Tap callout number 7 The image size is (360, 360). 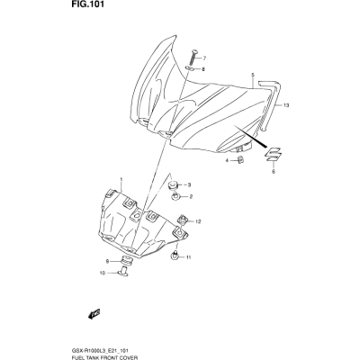(203, 58)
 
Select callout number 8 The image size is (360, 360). (203, 69)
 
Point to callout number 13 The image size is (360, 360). (285, 105)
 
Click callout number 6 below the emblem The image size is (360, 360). (274, 172)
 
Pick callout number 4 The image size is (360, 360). (227, 161)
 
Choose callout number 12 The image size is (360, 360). (197, 221)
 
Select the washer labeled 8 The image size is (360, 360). (190, 68)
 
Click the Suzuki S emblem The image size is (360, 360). (273, 155)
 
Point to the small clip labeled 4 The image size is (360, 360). (240, 160)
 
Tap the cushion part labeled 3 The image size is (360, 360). (172, 184)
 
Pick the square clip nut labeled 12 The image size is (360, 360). (183, 220)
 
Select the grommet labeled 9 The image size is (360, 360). (127, 261)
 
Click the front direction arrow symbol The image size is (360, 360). (94, 314)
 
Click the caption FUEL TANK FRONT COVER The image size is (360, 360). (104, 357)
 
